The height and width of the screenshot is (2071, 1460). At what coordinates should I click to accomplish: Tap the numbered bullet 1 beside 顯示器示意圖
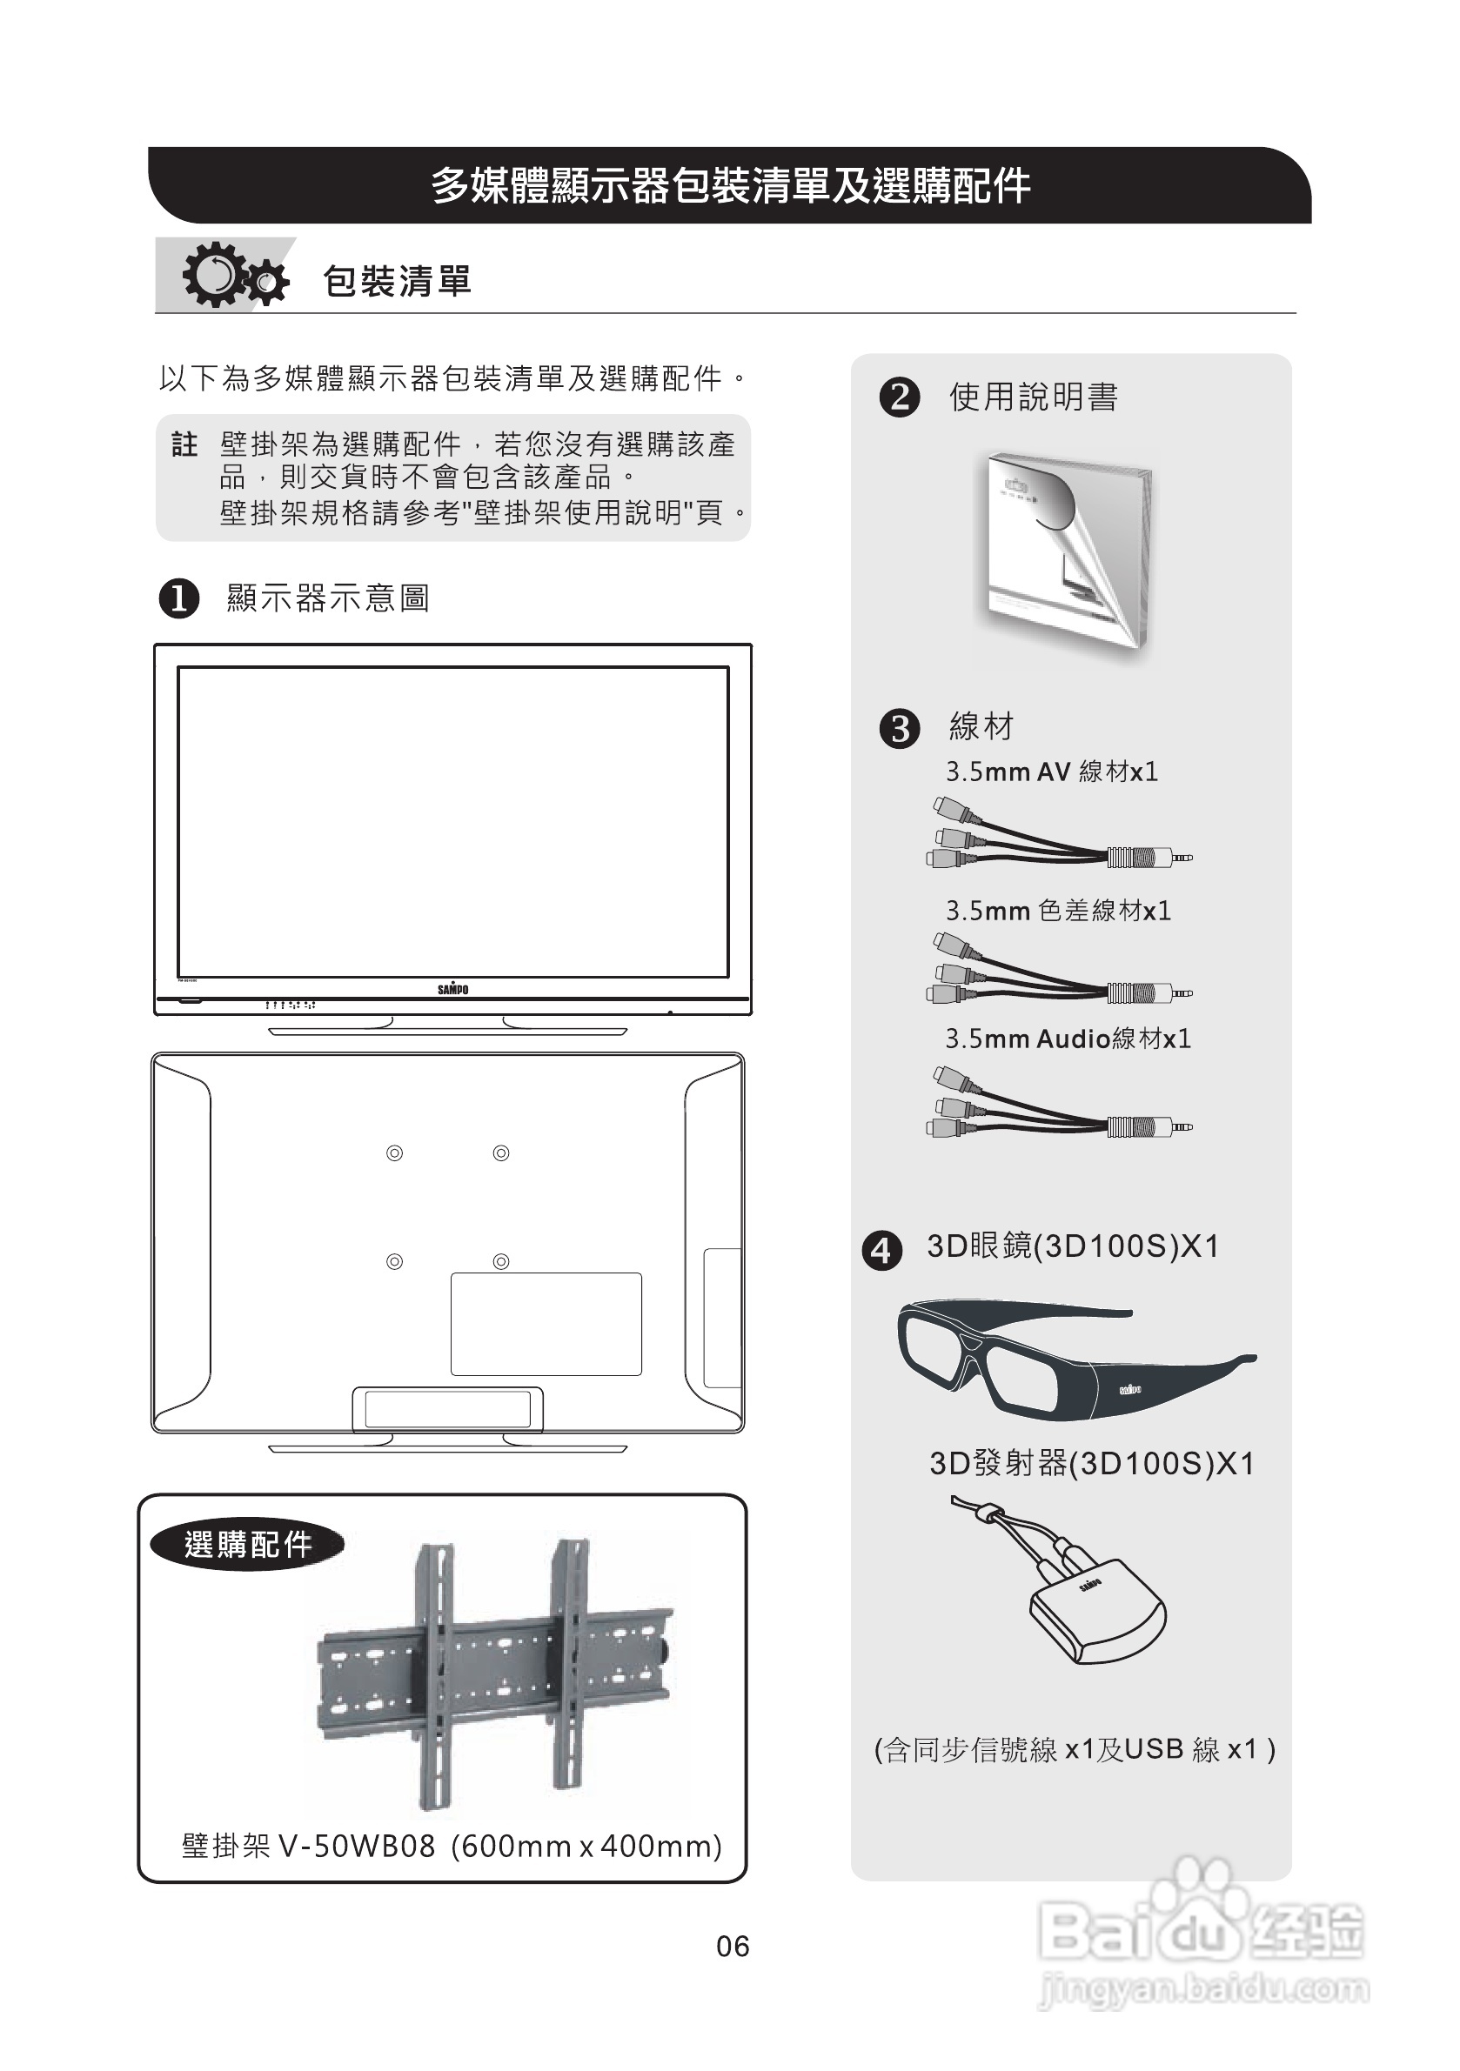click(x=178, y=598)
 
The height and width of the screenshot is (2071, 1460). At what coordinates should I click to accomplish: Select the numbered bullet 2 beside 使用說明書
click(x=899, y=397)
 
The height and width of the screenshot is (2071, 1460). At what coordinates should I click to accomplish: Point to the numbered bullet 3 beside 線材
click(x=899, y=728)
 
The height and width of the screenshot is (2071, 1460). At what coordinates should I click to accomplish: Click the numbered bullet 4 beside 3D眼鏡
click(x=881, y=1250)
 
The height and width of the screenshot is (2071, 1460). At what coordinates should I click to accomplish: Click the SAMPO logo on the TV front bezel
click(x=453, y=989)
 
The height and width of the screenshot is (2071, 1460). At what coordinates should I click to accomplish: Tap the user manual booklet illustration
click(x=1065, y=551)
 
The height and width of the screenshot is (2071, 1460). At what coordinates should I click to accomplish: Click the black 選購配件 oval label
click(x=247, y=1544)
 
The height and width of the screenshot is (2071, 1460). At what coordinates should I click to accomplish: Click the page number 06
click(x=732, y=1947)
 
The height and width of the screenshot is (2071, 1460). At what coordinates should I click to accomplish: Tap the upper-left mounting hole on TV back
click(x=394, y=1152)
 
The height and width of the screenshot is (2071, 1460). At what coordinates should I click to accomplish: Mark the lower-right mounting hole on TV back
click(x=502, y=1261)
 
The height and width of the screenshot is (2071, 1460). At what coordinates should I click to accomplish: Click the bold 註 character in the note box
click(x=184, y=444)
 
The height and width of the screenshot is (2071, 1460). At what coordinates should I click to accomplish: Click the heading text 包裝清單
click(x=397, y=282)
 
